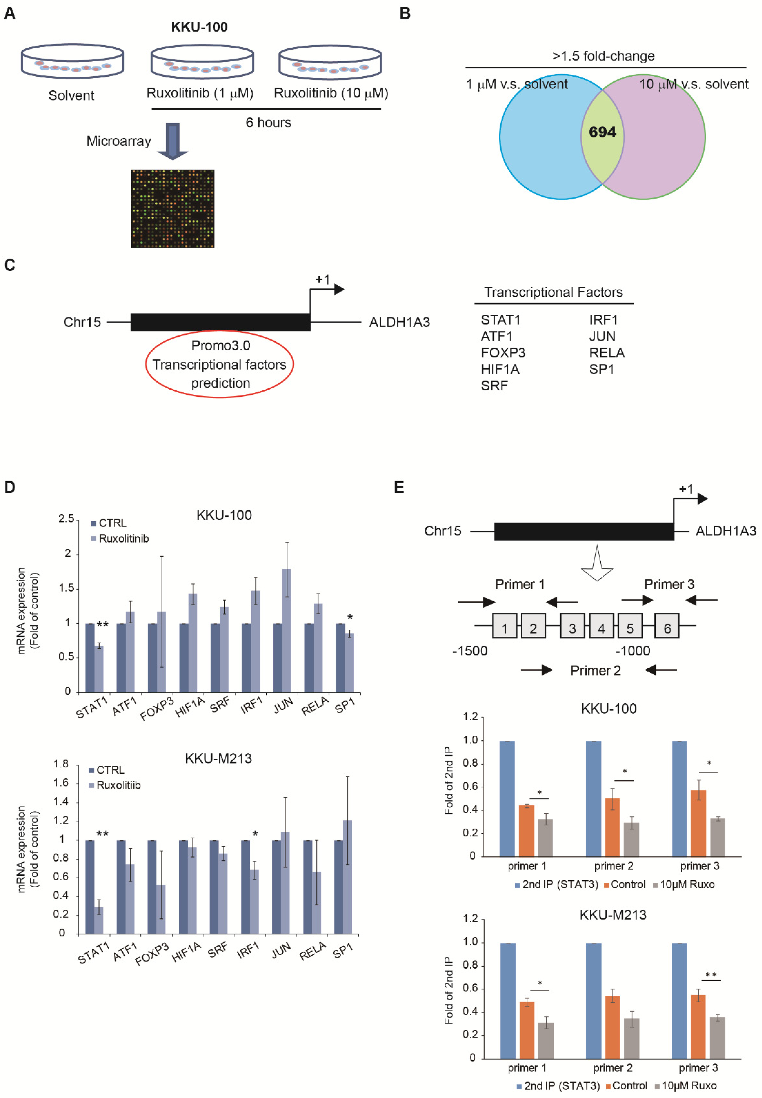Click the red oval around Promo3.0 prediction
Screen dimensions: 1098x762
tap(219, 364)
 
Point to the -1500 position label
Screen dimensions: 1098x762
tap(470, 651)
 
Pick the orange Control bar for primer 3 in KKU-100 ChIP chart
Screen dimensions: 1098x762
tap(698, 823)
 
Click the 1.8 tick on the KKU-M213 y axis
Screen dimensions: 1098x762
tap(61, 764)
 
